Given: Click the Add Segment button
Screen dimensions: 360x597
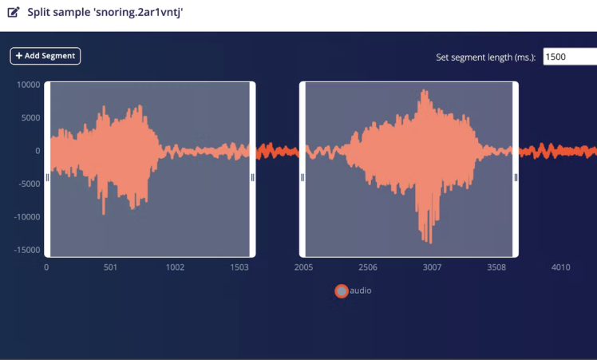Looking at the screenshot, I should pyautogui.click(x=45, y=56).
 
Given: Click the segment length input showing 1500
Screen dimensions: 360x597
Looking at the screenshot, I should pyautogui.click(x=569, y=57).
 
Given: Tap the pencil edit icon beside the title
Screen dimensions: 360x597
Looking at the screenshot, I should pyautogui.click(x=14, y=13).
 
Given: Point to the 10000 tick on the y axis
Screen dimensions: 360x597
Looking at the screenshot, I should pyautogui.click(x=29, y=85).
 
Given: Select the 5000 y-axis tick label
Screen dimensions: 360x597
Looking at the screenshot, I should pyautogui.click(x=30, y=117).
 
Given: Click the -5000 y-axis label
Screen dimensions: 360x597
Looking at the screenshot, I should pyautogui.click(x=29, y=184).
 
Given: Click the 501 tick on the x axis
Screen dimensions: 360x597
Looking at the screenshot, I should pyautogui.click(x=110, y=267).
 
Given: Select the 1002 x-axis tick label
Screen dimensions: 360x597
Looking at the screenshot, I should pyautogui.click(x=175, y=267).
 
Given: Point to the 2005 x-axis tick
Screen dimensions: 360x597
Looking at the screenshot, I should pyautogui.click(x=303, y=267).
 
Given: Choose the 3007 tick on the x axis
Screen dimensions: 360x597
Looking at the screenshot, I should pyautogui.click(x=432, y=267).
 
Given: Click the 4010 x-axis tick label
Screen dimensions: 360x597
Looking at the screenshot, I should pyautogui.click(x=560, y=267).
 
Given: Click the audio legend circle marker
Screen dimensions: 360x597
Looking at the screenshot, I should pyautogui.click(x=342, y=291).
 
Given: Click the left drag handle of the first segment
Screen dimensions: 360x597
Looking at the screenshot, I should pyautogui.click(x=47, y=178).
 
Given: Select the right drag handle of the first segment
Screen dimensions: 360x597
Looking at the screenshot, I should pyautogui.click(x=252, y=178).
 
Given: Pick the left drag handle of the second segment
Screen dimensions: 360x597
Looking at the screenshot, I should pyautogui.click(x=302, y=178).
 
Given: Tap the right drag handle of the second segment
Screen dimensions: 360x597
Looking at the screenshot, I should pyautogui.click(x=516, y=178).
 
